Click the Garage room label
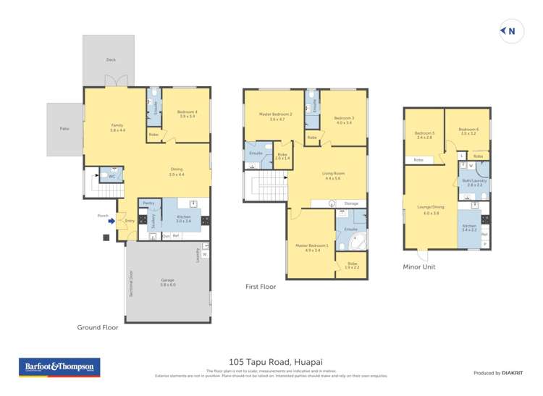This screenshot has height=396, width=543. [x=167, y=282]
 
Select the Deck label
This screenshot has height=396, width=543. [x=111, y=59]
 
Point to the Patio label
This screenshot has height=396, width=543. [x=64, y=128]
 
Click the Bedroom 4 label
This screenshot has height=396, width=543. [x=187, y=113]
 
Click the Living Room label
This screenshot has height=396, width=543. [x=332, y=175]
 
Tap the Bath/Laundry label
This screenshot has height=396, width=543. [x=474, y=182]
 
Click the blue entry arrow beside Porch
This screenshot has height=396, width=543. [x=111, y=222]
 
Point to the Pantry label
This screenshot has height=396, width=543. [x=148, y=203]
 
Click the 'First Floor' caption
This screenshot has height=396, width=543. [x=261, y=287]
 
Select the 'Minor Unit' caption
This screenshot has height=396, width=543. [x=420, y=266]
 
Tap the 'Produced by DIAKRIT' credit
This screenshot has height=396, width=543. [x=497, y=373]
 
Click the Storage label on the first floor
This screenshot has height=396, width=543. [x=351, y=204]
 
